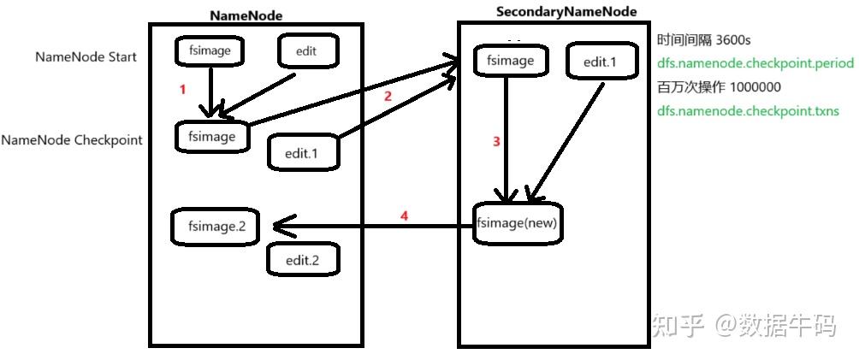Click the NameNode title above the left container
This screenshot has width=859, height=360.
click(x=246, y=15)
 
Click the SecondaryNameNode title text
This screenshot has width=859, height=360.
click(x=566, y=11)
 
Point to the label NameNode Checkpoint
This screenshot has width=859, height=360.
click(x=72, y=139)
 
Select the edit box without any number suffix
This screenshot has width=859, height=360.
click(x=306, y=51)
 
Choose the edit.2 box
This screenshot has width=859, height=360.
click(x=303, y=259)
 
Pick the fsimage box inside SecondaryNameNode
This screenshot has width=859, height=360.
click(x=510, y=61)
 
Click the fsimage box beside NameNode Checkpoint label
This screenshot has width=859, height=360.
click(x=211, y=137)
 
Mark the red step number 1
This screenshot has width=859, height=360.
click(x=181, y=89)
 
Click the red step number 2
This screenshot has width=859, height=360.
click(x=388, y=97)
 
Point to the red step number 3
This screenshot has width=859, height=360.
click(x=496, y=142)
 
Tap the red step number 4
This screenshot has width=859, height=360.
click(x=404, y=216)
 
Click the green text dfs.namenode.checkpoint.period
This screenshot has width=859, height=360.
click(x=755, y=63)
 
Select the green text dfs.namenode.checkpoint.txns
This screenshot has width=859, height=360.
click(x=748, y=111)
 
